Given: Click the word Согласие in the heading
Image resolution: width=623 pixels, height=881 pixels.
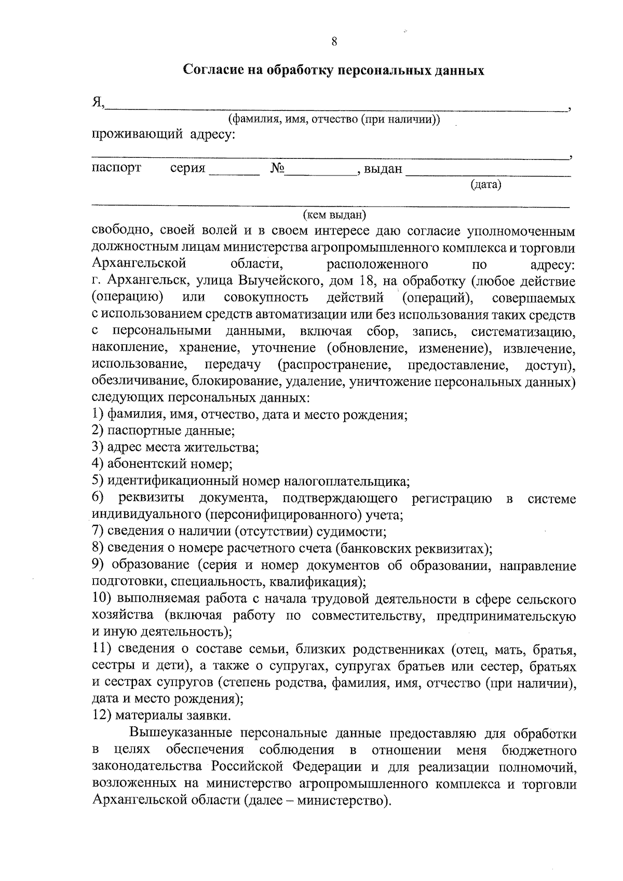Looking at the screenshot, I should (x=209, y=71).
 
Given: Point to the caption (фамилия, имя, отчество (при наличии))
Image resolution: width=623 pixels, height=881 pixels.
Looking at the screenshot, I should (x=335, y=119).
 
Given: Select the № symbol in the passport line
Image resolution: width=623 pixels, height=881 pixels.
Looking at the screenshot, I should (x=278, y=169).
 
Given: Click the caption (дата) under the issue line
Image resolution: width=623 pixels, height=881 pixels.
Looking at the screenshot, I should (x=485, y=185).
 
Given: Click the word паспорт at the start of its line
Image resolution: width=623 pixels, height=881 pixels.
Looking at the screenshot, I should (x=116, y=169).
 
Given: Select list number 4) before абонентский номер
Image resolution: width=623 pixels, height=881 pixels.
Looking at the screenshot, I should (x=98, y=464).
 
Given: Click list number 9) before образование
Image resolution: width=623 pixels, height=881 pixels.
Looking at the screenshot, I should (x=98, y=565).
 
